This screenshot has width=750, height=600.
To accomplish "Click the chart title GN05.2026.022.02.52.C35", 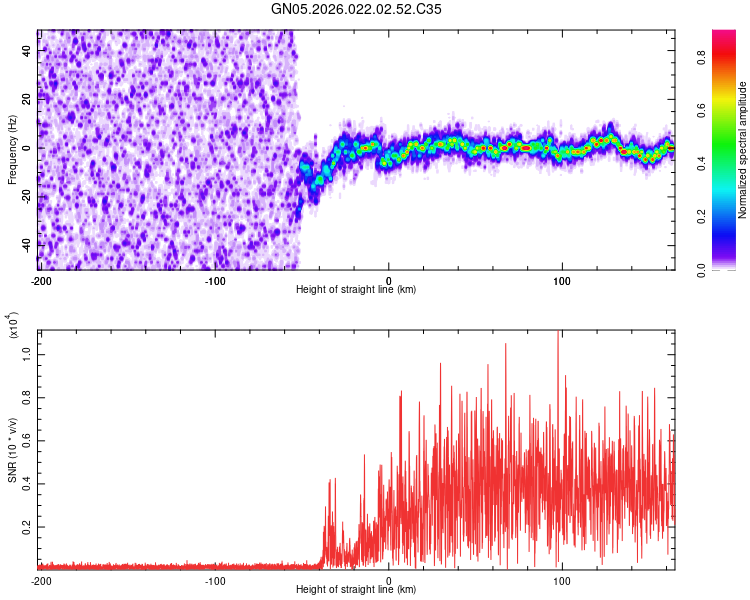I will [x=357, y=9].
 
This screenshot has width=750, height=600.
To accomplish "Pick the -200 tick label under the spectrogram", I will [x=41, y=281].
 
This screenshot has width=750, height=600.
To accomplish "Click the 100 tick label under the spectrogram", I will [x=562, y=281].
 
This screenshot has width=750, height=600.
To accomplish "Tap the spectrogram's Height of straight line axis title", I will [x=356, y=290].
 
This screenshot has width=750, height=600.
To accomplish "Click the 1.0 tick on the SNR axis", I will [x=27, y=354].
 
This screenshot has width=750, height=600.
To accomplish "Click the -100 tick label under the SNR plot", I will [x=215, y=580].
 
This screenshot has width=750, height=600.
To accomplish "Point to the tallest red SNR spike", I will [x=558, y=333].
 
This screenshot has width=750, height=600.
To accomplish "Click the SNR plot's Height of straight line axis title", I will [x=356, y=590].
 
